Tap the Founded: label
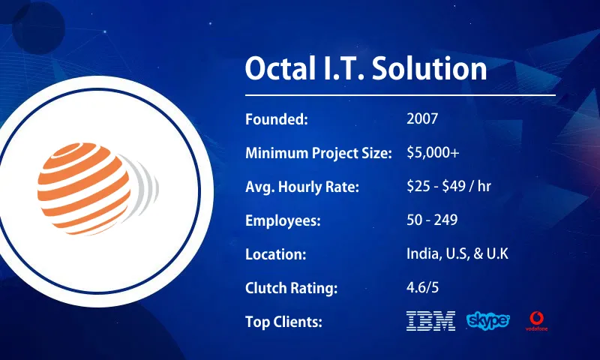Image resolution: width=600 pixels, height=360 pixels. pyautogui.click(x=277, y=119)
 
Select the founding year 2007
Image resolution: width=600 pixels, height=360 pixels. pyautogui.click(x=421, y=119)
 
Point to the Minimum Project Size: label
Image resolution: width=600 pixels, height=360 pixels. pyautogui.click(x=319, y=153)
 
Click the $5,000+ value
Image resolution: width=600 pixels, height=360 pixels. pyautogui.click(x=433, y=153)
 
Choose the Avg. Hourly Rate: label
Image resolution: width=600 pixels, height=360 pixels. pyautogui.click(x=302, y=187)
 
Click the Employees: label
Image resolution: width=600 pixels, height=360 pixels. pyautogui.click(x=283, y=220)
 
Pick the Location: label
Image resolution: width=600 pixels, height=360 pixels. pyautogui.click(x=275, y=254)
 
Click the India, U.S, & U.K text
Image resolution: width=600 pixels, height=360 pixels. pyautogui.click(x=457, y=254)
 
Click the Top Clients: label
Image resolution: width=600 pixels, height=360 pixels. pyautogui.click(x=283, y=322)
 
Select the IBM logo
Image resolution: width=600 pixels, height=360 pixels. pyautogui.click(x=430, y=321)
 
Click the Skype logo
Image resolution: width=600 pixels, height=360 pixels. pyautogui.click(x=488, y=321)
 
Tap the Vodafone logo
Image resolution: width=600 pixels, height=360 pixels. pyautogui.click(x=536, y=321)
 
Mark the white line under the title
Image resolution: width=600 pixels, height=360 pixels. pyautogui.click(x=400, y=95)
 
